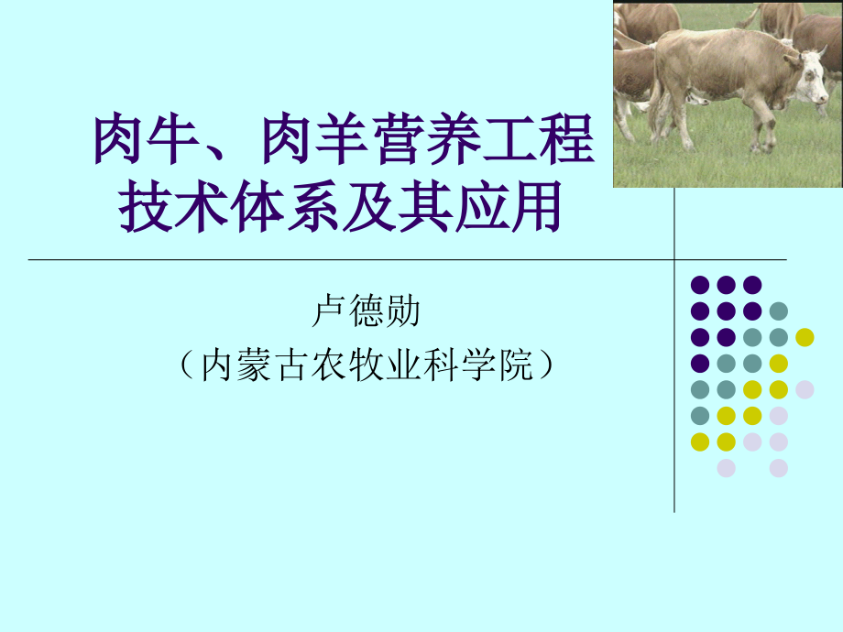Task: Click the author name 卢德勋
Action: point(366,311)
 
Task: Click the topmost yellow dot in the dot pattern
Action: point(805,337)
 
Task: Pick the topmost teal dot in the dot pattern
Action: point(779,311)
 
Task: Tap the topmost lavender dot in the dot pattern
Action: point(805,389)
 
